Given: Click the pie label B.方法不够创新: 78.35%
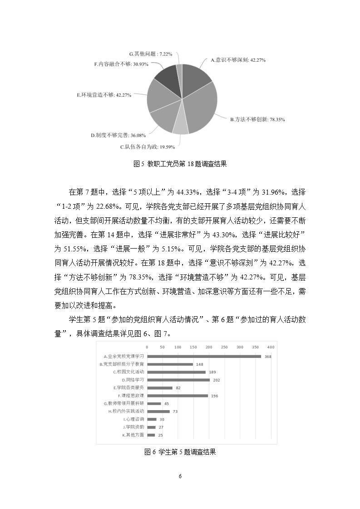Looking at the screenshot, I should tap(257, 120).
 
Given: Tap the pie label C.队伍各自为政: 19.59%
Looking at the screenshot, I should tap(147, 147).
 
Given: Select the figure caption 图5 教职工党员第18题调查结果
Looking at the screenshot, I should tap(180, 165).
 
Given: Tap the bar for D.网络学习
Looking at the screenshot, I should tap(178, 380).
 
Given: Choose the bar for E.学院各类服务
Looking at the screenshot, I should tap(160, 388).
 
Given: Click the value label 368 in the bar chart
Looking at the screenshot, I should tap(268, 357).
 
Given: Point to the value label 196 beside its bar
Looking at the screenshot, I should tap(215, 396).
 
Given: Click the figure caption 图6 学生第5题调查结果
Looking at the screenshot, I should tap(180, 452).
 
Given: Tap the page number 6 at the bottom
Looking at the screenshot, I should tap(180, 476).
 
